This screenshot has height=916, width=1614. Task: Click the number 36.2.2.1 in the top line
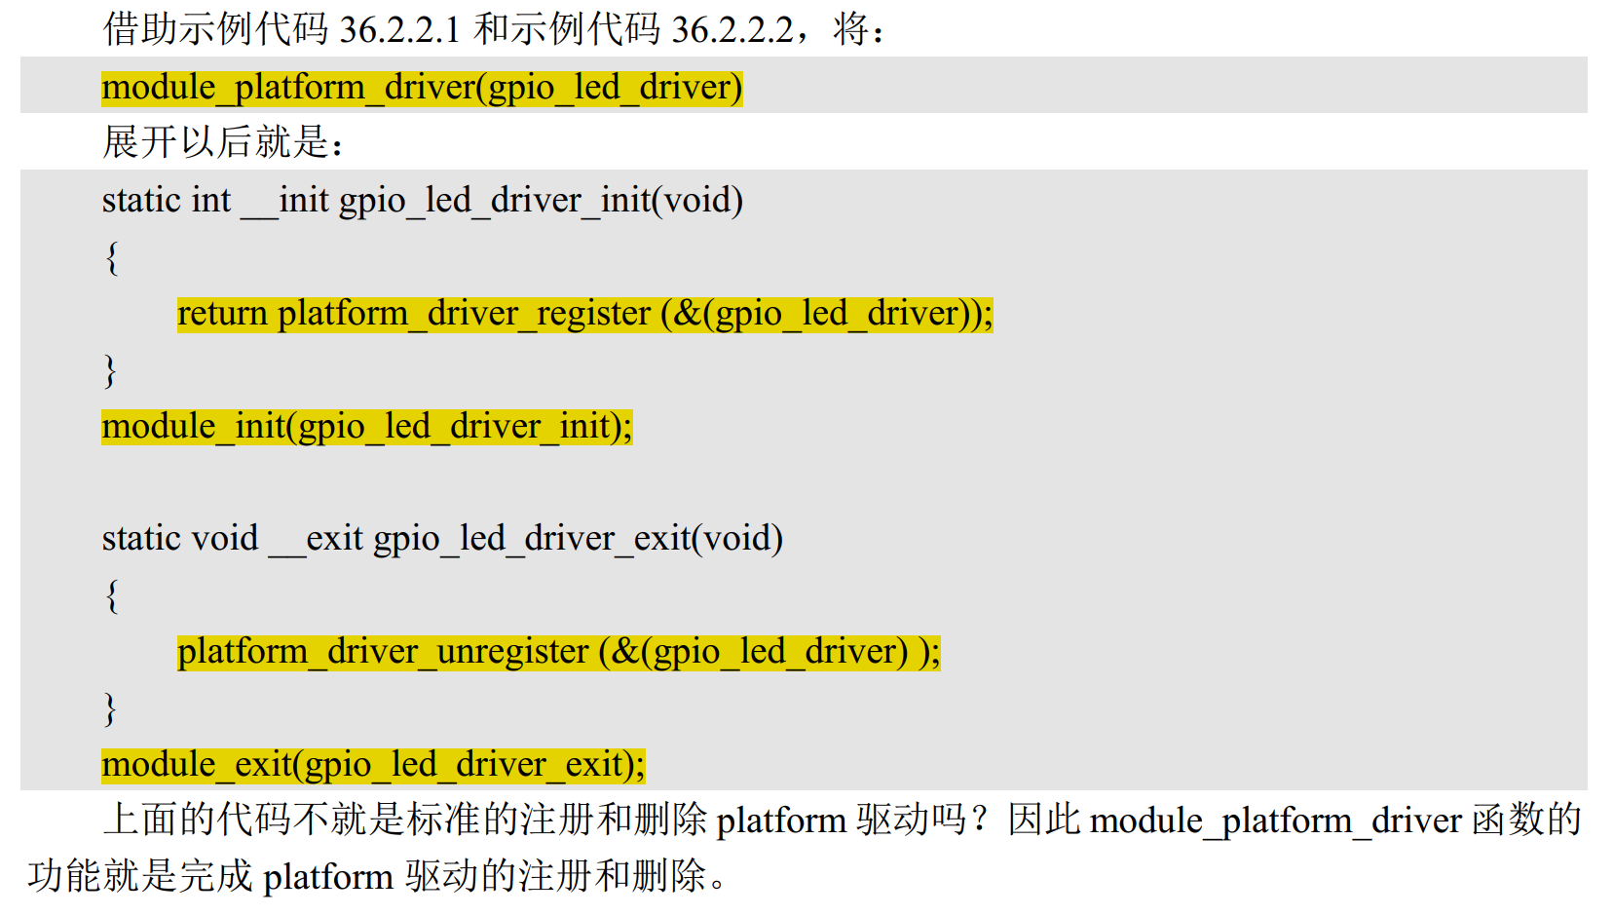pyautogui.click(x=399, y=29)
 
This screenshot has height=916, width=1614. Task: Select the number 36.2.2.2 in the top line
pyautogui.click(x=732, y=29)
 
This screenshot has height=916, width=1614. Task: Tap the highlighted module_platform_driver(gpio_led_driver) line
pyautogui.click(x=422, y=88)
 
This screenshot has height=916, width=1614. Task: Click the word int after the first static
pyautogui.click(x=211, y=200)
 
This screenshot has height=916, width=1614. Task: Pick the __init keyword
pyautogui.click(x=284, y=200)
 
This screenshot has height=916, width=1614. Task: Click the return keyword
pyautogui.click(x=222, y=313)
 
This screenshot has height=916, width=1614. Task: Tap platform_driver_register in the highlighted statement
pyautogui.click(x=464, y=313)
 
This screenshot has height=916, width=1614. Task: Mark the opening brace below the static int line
pyautogui.click(x=112, y=257)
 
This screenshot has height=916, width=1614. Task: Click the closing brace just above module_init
pyautogui.click(x=111, y=370)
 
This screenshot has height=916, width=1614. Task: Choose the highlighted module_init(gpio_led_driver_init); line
pyautogui.click(x=367, y=426)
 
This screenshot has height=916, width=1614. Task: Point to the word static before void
pyautogui.click(x=141, y=538)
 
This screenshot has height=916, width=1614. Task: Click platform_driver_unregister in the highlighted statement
pyautogui.click(x=383, y=651)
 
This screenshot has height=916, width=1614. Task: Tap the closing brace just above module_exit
pyautogui.click(x=111, y=708)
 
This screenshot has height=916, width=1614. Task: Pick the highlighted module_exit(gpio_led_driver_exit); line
pyautogui.click(x=373, y=765)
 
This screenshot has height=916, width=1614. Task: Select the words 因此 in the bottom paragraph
pyautogui.click(x=1044, y=820)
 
